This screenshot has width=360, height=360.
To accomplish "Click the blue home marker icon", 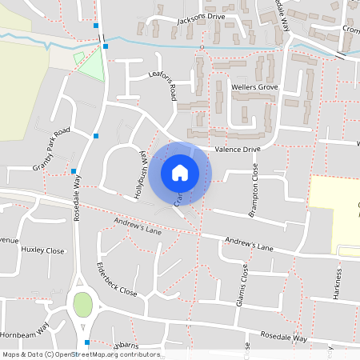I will click(x=180, y=172).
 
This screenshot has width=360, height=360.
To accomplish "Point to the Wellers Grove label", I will click(x=254, y=86).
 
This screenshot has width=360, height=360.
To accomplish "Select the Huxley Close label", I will click(x=42, y=250).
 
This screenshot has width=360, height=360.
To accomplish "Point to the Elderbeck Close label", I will click(x=116, y=278).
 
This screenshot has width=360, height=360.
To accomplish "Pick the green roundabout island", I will click(x=82, y=305).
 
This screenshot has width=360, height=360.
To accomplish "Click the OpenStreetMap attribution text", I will click(x=82, y=354).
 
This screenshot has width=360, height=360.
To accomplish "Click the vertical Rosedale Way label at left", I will click(x=78, y=199).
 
